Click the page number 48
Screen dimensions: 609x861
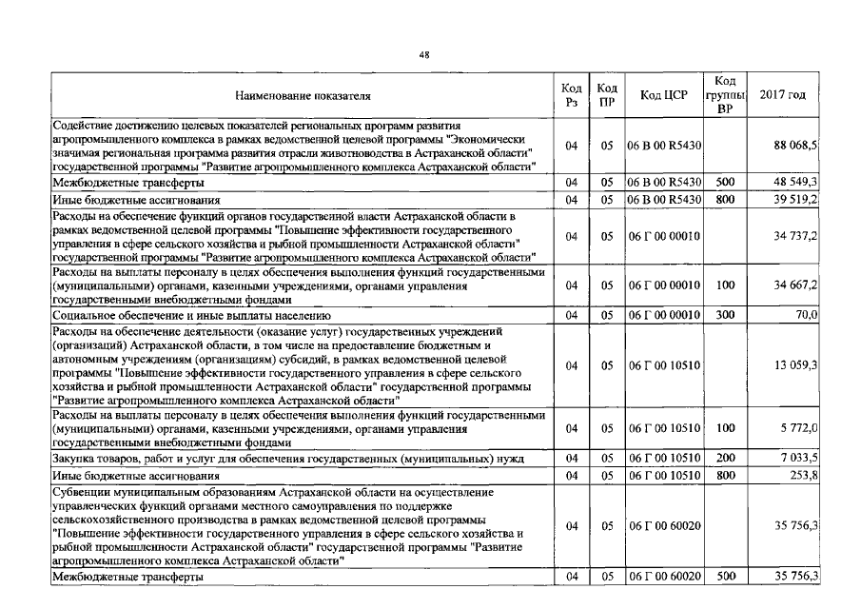point(424,55)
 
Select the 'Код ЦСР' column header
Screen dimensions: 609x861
point(663,95)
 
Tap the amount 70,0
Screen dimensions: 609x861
point(807,314)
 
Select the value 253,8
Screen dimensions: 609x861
point(804,476)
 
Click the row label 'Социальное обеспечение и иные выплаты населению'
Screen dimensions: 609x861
point(191,314)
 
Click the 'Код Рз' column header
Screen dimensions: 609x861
point(571,95)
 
